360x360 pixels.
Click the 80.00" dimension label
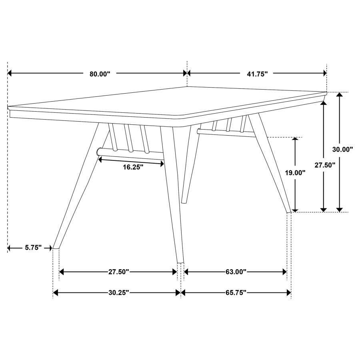100,74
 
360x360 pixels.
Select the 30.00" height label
343,149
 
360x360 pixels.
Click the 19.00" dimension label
295,173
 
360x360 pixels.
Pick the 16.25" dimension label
133,167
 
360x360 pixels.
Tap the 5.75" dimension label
33,248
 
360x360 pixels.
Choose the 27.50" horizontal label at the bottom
118,272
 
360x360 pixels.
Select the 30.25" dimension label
118,293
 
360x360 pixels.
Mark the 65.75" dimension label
236,293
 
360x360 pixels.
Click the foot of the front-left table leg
56,248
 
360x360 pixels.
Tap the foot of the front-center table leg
181,262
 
